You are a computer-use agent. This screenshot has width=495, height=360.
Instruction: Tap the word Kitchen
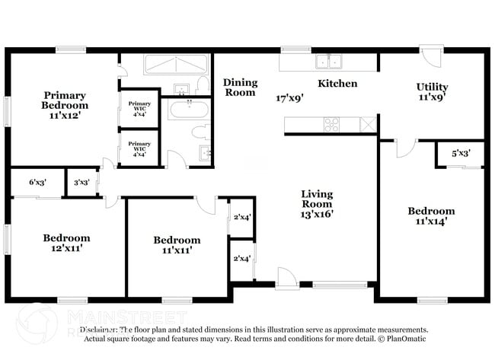(x=337, y=83)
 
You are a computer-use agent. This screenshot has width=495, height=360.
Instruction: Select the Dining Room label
(x=240, y=88)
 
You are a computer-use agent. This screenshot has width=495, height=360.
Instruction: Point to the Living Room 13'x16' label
(x=316, y=204)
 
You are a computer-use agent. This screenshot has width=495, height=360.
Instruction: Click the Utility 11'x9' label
(x=432, y=91)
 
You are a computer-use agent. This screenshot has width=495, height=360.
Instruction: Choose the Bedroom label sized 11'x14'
(x=431, y=216)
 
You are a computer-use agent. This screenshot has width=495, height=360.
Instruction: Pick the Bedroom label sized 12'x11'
(x=66, y=243)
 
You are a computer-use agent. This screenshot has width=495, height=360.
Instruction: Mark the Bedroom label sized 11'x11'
(x=177, y=244)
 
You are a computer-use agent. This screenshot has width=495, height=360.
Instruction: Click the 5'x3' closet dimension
(x=461, y=153)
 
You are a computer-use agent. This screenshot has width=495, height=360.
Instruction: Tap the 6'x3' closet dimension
(x=37, y=183)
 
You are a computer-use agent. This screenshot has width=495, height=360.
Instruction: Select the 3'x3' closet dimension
(x=81, y=183)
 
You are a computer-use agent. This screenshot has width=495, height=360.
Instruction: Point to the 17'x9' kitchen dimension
(x=290, y=97)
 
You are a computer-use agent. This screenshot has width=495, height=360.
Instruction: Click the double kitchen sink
(x=330, y=62)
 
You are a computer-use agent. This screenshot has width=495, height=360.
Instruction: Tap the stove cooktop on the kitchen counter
(x=333, y=124)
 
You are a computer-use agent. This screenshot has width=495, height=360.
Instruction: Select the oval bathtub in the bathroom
(x=188, y=111)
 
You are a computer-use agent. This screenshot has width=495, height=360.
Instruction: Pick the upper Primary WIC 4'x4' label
(x=139, y=106)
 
